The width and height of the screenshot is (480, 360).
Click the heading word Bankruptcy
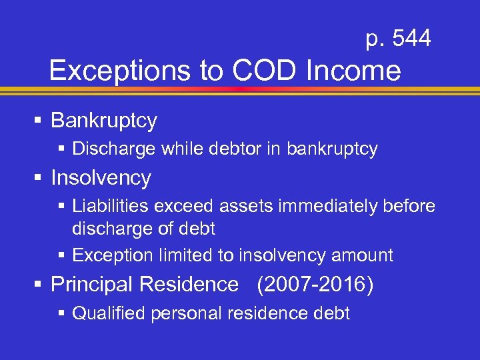[104, 121]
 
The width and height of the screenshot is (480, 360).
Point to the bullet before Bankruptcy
[38, 121]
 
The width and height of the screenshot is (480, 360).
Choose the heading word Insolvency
[101, 178]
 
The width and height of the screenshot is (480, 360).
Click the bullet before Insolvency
[38, 178]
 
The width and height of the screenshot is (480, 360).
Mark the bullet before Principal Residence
[38, 285]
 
